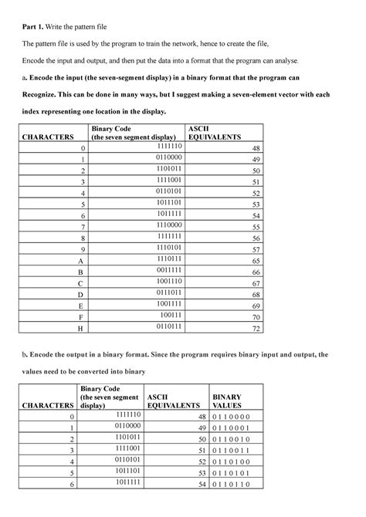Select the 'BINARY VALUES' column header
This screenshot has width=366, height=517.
coord(230,399)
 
